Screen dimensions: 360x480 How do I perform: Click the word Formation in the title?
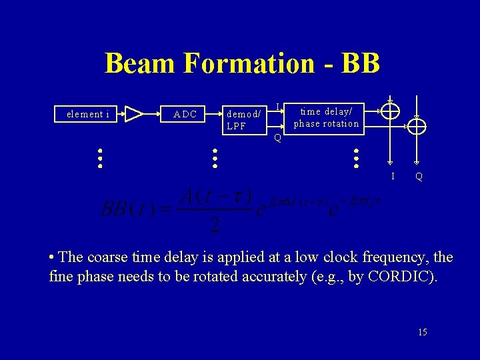pos(247,64)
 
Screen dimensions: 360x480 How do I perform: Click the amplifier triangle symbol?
pos(134,114)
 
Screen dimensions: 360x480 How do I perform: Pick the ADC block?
pos(185,114)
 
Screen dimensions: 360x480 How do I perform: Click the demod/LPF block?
pos(243,119)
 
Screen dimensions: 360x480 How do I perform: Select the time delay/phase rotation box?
pos(327,117)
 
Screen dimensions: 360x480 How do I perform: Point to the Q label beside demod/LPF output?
pos(278,139)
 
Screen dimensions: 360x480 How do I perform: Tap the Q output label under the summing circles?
pos(418,177)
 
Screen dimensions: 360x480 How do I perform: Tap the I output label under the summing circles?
pos(393,176)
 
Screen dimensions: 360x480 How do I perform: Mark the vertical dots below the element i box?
pos(99,159)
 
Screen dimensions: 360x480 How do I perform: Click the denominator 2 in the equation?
pos(215,225)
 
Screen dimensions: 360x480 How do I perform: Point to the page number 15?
pos(423,332)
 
